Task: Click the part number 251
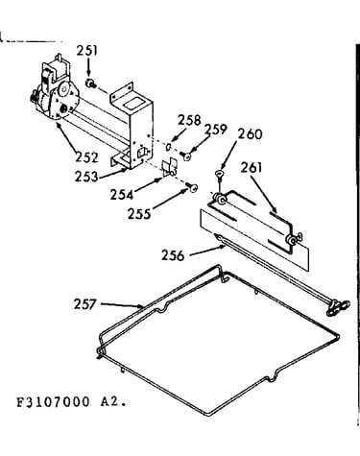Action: [87, 51]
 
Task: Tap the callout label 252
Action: [87, 157]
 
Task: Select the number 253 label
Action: [86, 177]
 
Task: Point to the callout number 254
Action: [122, 195]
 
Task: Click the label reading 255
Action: [139, 214]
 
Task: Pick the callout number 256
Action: [173, 255]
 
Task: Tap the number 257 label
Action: [85, 304]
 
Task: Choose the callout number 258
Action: [189, 120]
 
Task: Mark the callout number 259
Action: [215, 130]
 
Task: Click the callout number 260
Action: [250, 133]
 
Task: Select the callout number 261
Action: [252, 167]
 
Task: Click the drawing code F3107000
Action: [53, 402]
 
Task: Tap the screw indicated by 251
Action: [91, 84]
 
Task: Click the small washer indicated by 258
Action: [169, 147]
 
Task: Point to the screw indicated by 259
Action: [185, 156]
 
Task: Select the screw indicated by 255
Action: [192, 187]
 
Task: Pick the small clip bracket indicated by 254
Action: [169, 167]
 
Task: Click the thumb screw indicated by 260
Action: [219, 175]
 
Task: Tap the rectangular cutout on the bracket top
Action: [132, 105]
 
